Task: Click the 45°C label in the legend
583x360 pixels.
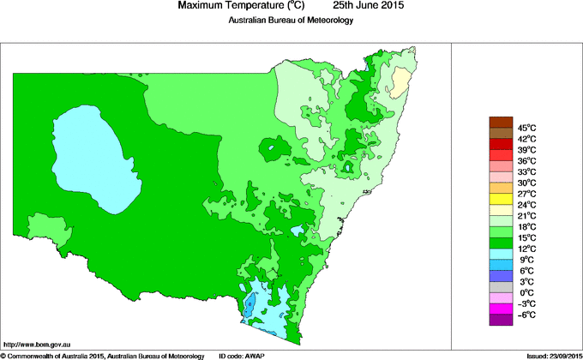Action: [x=526, y=128]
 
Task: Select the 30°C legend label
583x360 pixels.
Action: [x=526, y=183]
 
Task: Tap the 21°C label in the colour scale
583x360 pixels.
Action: [x=526, y=216]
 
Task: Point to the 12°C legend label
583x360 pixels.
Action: [x=526, y=249]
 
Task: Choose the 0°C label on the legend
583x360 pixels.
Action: [x=526, y=293]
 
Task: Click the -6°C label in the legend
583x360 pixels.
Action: [x=526, y=315]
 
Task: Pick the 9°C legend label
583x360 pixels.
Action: [x=526, y=260]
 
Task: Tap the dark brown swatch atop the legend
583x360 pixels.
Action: [x=500, y=122]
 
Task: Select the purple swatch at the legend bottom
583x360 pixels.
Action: [x=500, y=321]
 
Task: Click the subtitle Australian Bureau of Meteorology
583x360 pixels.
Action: [x=291, y=21]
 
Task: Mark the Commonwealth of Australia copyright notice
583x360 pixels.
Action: [x=102, y=355]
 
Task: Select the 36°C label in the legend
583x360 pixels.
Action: [x=526, y=160]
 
